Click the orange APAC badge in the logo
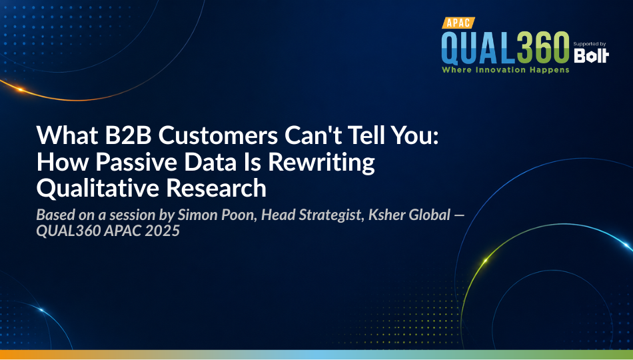(x=458, y=23)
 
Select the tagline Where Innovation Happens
(x=506, y=70)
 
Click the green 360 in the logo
(x=543, y=48)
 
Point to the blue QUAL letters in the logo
(x=479, y=48)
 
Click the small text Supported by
(x=590, y=44)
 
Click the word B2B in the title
(x=128, y=135)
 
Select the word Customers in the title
(x=218, y=135)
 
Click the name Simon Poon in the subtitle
(x=217, y=215)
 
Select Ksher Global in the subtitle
(x=409, y=215)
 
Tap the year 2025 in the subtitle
(x=163, y=231)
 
